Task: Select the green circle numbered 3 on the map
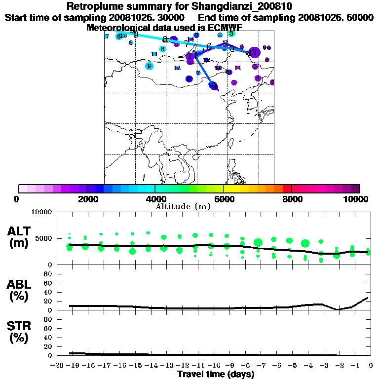231,34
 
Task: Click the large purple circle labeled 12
254,52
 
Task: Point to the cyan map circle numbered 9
149,66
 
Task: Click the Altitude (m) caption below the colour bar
183,206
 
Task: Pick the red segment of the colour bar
287,188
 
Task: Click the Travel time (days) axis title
216,374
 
